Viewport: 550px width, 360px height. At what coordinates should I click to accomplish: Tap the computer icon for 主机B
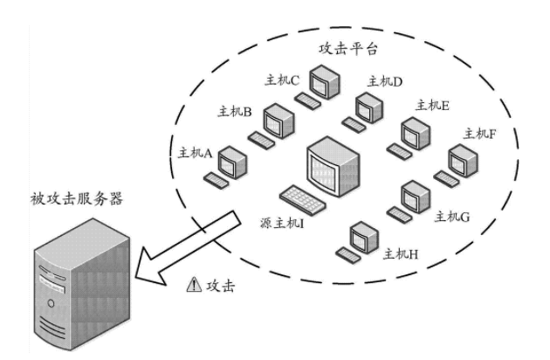coord(278,121)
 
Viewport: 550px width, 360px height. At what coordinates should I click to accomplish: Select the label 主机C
coord(283,80)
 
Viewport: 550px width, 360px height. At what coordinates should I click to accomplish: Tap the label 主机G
coord(452,216)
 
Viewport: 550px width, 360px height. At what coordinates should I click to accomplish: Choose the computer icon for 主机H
coord(359,237)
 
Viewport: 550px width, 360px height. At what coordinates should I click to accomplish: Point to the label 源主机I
coord(280,223)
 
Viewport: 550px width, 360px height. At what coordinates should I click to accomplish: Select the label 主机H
coord(402,254)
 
